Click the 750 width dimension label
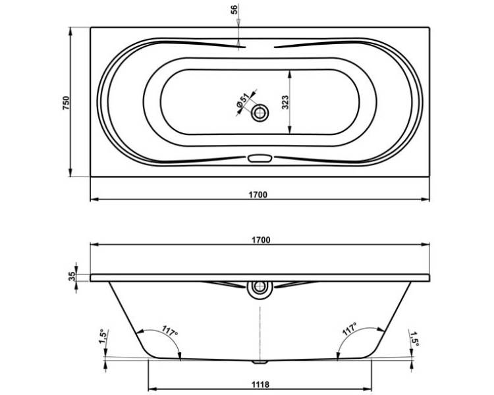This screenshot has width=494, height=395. [x=66, y=103]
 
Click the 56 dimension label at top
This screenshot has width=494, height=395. [x=234, y=9]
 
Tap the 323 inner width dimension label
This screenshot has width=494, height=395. [x=285, y=102]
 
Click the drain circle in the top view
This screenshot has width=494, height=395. [x=260, y=113]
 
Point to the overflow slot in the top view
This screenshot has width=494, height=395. [x=260, y=158]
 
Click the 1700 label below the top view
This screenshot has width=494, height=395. [x=258, y=195]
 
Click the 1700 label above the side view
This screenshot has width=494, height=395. [x=261, y=240]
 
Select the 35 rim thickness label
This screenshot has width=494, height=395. [x=72, y=276]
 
